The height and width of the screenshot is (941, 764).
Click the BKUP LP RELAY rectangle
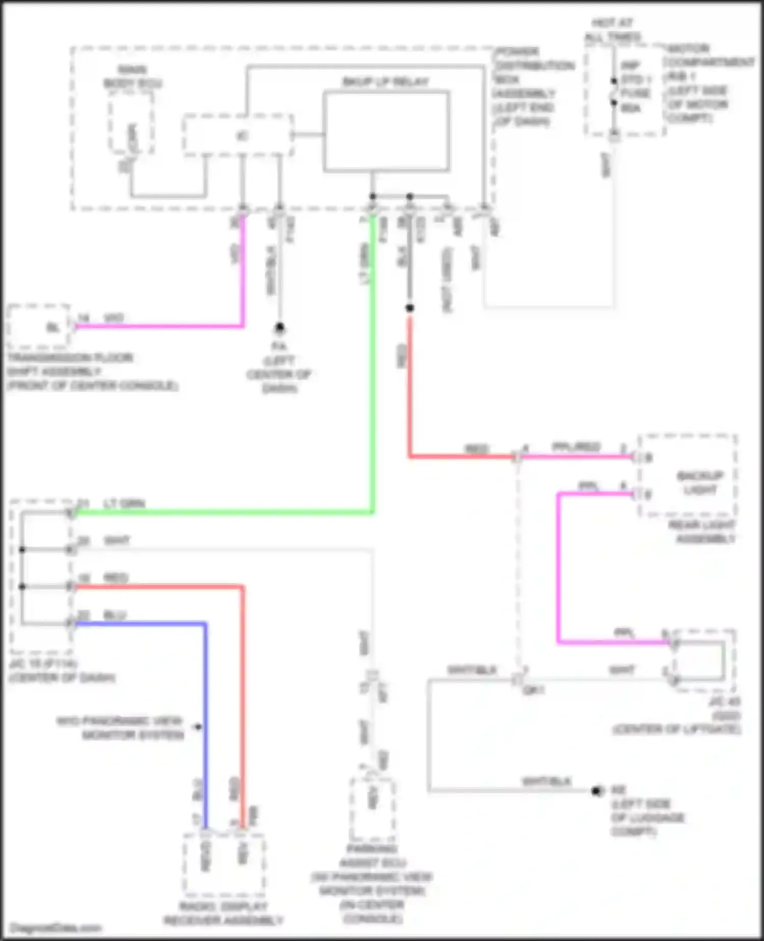[x=386, y=131]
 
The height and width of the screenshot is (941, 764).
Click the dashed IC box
[x=238, y=136]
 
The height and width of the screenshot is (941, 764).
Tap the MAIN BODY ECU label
[x=132, y=76]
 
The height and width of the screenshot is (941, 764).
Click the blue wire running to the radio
[x=205, y=714]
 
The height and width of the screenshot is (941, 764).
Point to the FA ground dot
[x=279, y=327]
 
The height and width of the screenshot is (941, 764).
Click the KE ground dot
[x=596, y=791]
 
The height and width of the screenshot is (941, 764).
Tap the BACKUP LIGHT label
[x=700, y=483]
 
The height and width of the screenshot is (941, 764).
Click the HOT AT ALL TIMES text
[x=612, y=30]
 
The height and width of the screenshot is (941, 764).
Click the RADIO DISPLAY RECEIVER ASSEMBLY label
[x=223, y=914]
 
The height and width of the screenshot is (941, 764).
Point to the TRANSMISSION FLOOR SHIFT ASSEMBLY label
[x=92, y=371]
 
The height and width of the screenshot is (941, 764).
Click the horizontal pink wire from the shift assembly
[x=158, y=326]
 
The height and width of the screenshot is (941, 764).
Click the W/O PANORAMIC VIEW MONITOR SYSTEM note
[x=120, y=728]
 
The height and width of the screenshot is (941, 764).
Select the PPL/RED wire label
[x=576, y=447]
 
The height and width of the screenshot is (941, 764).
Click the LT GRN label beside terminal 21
[x=124, y=504]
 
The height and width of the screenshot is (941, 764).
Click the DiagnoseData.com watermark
[x=56, y=928]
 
